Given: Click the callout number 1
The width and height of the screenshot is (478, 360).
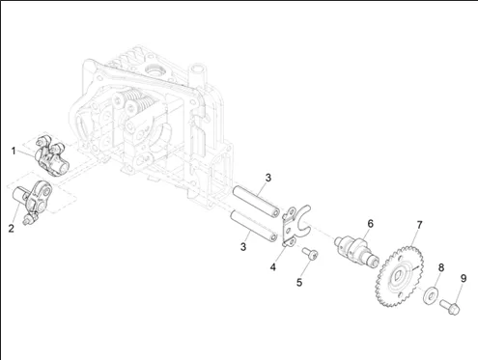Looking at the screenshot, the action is click(14, 151).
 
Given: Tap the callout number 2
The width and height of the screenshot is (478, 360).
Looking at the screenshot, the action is click(12, 229).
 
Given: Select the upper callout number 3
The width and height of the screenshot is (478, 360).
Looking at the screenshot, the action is click(268, 178).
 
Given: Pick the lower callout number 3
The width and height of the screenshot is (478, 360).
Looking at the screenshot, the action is click(243, 247).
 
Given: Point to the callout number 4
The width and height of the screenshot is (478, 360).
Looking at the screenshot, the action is click(273, 266).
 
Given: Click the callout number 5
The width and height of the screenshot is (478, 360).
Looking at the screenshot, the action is click(299, 283).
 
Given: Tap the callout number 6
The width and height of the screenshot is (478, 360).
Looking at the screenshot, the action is click(371, 223).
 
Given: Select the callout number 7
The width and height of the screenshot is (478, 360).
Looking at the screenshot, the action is click(419, 225).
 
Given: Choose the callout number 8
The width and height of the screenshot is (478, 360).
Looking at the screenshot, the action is click(441, 267).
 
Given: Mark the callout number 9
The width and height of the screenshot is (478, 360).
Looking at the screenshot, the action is click(464, 278).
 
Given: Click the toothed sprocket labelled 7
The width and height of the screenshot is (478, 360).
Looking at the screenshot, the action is click(400, 276).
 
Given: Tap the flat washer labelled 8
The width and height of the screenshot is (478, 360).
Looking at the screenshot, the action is click(430, 295).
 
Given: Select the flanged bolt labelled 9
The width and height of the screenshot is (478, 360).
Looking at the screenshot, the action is click(450, 306).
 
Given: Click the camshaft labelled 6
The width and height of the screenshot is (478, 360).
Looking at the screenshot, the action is click(355, 251).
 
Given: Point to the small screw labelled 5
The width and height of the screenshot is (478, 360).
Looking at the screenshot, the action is click(310, 253).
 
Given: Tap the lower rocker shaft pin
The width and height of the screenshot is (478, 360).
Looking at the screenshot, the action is click(254, 226).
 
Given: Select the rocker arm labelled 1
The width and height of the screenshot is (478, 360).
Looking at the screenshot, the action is click(51, 155).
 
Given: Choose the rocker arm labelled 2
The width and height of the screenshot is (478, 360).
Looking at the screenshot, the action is click(32, 201).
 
